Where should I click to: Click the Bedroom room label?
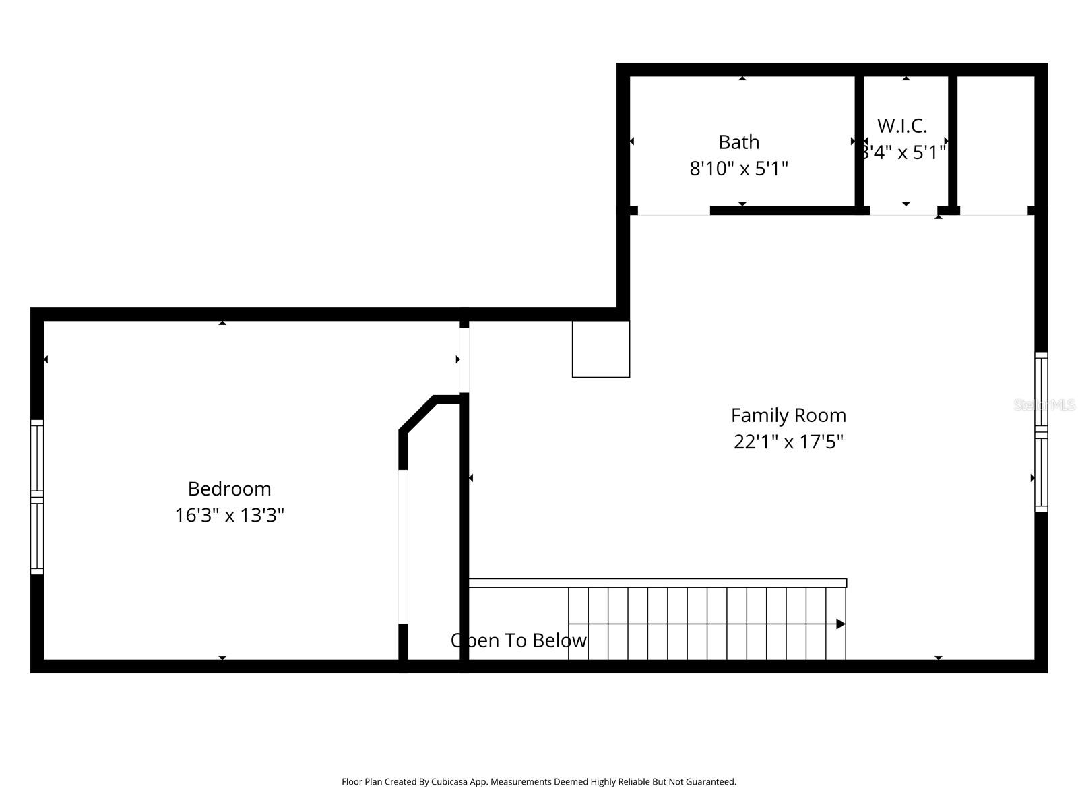click(x=229, y=489)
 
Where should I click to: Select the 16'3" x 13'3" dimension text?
click(x=229, y=516)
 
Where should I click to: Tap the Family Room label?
click(x=788, y=415)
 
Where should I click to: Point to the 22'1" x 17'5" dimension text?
click(x=788, y=442)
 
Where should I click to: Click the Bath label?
click(x=738, y=142)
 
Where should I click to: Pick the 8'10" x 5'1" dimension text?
click(x=738, y=169)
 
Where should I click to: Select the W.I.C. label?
click(x=902, y=126)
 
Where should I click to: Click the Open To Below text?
click(x=519, y=640)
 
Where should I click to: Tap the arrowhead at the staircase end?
click(x=840, y=624)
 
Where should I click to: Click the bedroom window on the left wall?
click(x=37, y=498)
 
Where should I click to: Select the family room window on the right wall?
click(x=1041, y=431)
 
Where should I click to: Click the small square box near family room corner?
click(x=601, y=349)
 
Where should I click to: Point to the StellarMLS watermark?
click(x=1044, y=405)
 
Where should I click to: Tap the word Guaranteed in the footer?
click(x=712, y=782)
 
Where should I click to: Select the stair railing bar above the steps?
click(x=657, y=582)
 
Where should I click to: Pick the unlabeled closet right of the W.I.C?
click(x=996, y=142)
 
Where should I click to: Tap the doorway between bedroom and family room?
click(x=464, y=359)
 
